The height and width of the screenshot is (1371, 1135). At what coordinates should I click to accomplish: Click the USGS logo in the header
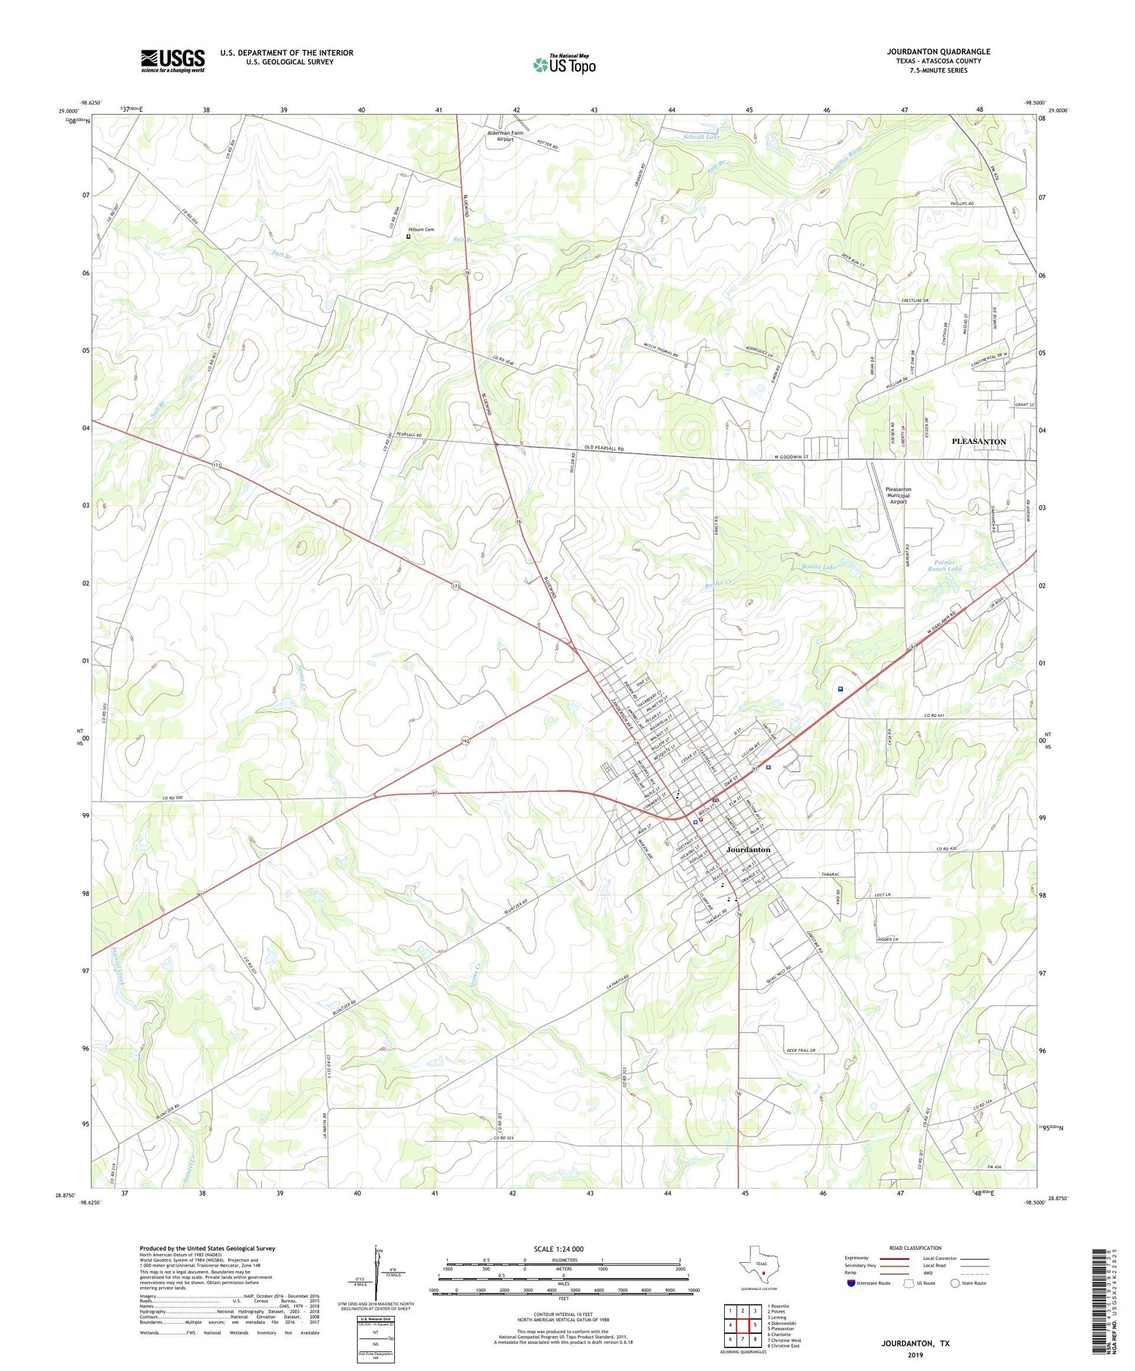(173, 60)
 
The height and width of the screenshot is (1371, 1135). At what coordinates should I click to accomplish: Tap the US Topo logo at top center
(564, 65)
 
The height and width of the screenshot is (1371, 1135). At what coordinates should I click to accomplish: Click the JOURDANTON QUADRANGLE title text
(938, 51)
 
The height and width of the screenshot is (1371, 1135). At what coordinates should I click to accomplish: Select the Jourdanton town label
(748, 849)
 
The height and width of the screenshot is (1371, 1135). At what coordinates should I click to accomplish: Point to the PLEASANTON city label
(978, 441)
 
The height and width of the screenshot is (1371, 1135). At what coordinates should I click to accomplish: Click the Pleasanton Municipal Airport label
(898, 495)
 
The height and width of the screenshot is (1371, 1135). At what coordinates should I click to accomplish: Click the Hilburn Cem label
(422, 229)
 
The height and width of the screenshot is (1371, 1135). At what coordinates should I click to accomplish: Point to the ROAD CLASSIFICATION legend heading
(916, 1248)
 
